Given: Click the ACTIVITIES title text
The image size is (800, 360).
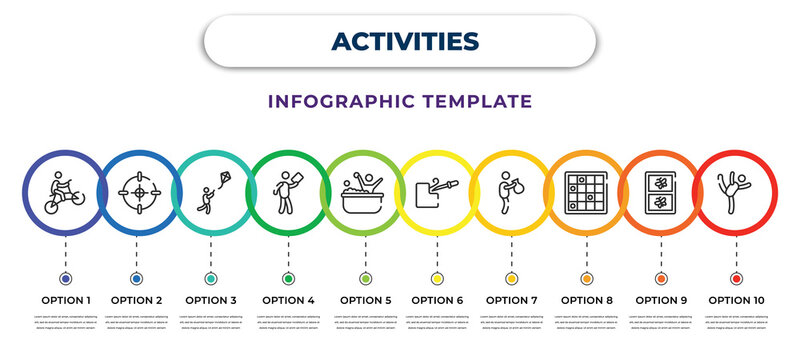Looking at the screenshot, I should pos(400,40).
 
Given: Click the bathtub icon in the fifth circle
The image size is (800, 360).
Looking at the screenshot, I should pos(364,191).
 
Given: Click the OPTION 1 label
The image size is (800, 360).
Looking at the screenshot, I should pos(66,299).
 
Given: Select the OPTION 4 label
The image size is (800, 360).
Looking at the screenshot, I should pos(288,299).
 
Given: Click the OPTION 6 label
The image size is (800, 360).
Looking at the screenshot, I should pos(437,299).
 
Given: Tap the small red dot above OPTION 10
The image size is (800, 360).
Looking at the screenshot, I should pos(737,278).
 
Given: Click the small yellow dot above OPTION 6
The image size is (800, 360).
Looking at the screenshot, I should pos(437,278).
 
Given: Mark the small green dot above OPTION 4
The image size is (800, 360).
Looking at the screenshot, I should pos(288,278).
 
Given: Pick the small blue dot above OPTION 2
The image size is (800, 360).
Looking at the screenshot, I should pos(136,278).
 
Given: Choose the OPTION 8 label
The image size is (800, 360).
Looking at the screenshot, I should pos(586,299).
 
